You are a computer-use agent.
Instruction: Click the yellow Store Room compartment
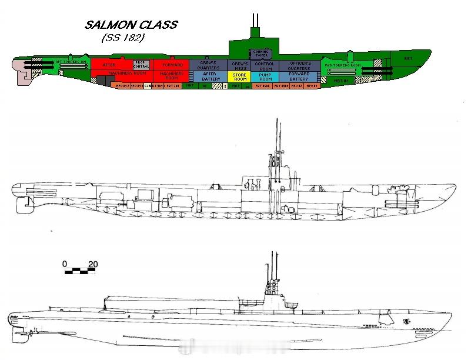[239, 76]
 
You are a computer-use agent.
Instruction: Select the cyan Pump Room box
[265, 76]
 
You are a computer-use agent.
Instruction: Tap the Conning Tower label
[260, 54]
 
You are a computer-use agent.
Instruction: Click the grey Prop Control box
[142, 64]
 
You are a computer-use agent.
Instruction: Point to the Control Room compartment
[265, 65]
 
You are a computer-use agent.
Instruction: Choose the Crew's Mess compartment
[239, 65]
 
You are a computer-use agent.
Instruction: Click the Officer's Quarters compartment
[299, 65]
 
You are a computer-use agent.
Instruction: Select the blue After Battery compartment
[210, 76]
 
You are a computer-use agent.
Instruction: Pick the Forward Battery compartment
[299, 76]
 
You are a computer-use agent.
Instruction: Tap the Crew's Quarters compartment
[210, 65]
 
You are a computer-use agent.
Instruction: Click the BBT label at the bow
[408, 58]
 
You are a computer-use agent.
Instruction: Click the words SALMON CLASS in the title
[131, 25]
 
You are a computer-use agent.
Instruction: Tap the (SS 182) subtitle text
[123, 38]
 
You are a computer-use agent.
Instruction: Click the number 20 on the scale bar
[92, 264]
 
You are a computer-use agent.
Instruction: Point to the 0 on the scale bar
[65, 264]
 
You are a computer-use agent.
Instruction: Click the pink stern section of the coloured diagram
[26, 72]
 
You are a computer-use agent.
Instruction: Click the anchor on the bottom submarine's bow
[406, 322]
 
